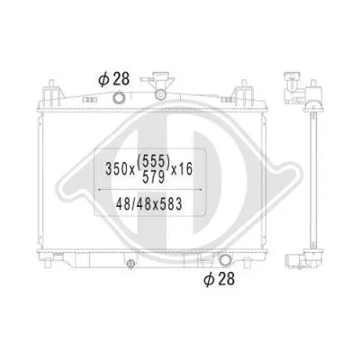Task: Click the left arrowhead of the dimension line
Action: tap(97, 190)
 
